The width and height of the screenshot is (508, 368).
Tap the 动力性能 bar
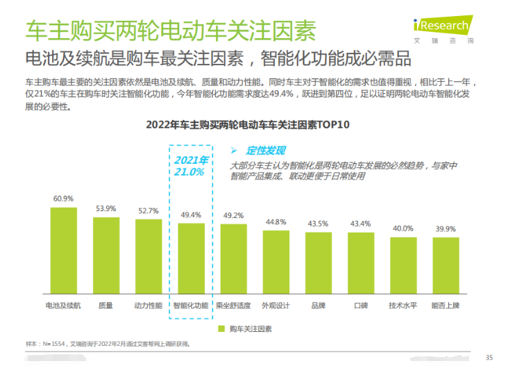149,258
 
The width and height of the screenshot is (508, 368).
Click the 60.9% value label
63,199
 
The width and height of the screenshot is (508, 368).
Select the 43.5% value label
318,224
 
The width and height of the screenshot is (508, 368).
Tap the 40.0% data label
403,228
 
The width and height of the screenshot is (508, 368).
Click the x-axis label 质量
105,305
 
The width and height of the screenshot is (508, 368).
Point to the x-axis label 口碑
360,305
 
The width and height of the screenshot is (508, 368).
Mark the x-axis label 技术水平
403,305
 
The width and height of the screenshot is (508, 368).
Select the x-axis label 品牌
318,305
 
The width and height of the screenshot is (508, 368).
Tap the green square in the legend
221,328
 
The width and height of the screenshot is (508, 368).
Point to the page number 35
489,357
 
